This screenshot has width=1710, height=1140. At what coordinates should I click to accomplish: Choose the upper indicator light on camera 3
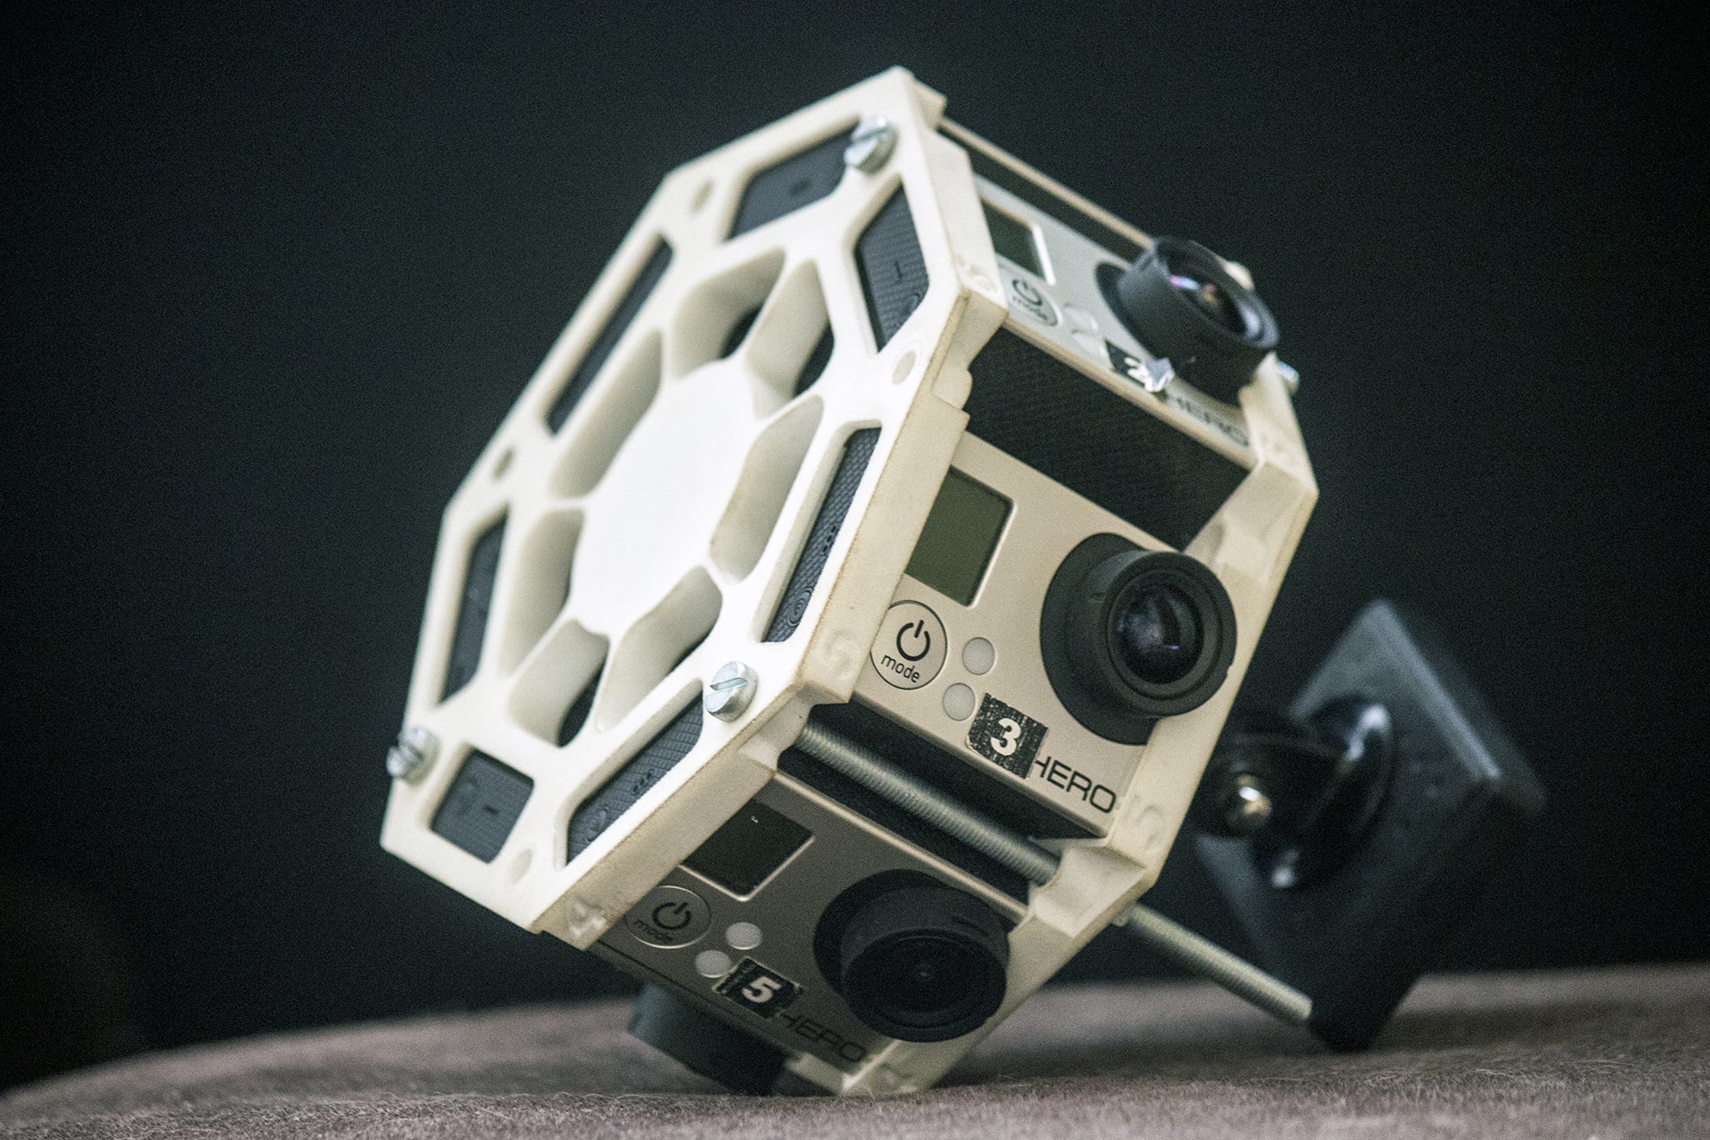pyautogui.click(x=978, y=654)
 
